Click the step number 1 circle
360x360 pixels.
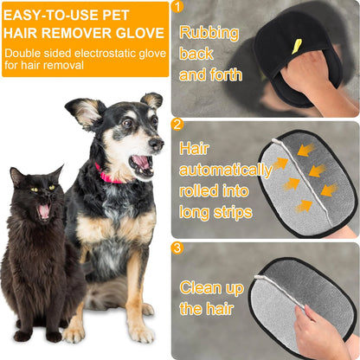click(x=178, y=7)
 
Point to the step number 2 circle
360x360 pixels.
click(x=178, y=125)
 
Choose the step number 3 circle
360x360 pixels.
click(x=178, y=249)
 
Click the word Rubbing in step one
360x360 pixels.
click(x=208, y=34)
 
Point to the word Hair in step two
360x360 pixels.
click(x=195, y=148)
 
